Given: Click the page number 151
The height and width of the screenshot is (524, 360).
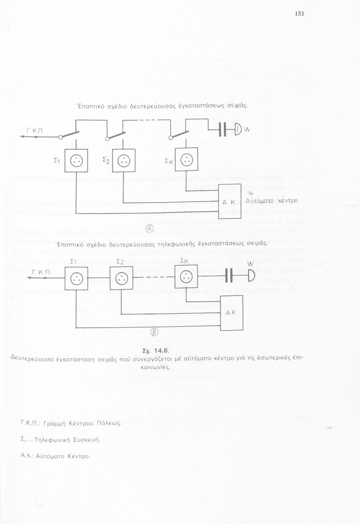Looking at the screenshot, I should [300, 14].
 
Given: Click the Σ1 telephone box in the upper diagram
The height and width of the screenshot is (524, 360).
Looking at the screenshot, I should [76, 161].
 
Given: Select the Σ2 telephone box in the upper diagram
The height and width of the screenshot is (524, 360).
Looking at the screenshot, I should [124, 161].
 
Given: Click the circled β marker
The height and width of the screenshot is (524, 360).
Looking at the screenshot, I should [155, 331].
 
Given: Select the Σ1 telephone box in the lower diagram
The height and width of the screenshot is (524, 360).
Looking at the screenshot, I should [76, 278].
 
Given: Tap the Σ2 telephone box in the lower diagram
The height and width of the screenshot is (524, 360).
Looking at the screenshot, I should [121, 278].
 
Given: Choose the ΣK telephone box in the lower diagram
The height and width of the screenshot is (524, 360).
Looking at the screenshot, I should [186, 277].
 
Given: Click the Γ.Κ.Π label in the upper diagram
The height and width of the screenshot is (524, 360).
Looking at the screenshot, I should [35, 131].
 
